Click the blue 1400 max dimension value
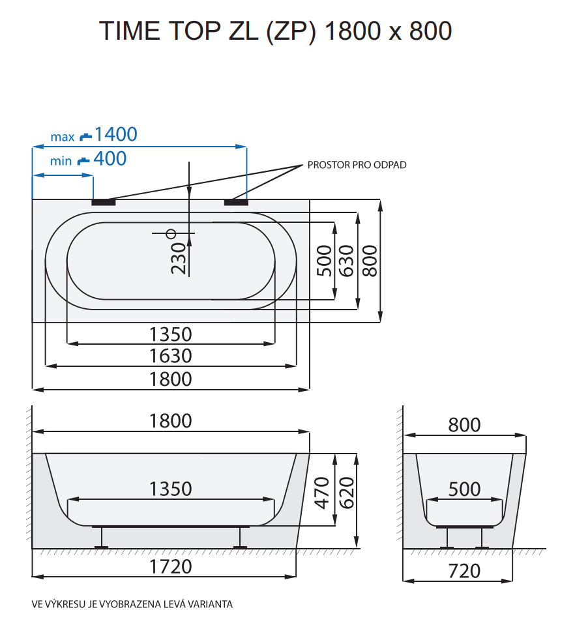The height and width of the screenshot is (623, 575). pyautogui.click(x=115, y=134)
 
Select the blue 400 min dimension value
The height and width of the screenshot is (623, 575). pyautogui.click(x=110, y=158)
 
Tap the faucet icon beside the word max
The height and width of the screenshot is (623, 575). pyautogui.click(x=85, y=137)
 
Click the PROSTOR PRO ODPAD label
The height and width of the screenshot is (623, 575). pyautogui.click(x=357, y=165)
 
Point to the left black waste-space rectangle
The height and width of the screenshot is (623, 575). pyautogui.click(x=103, y=202)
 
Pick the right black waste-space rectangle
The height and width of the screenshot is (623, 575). pyautogui.click(x=236, y=202)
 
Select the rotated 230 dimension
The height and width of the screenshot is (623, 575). pyautogui.click(x=179, y=258)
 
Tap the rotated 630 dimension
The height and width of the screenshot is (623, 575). pyautogui.click(x=346, y=260)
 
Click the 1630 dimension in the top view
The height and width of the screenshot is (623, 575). pyautogui.click(x=171, y=356)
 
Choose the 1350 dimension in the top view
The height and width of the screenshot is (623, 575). pyautogui.click(x=171, y=334)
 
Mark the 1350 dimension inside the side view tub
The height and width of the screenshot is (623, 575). pyautogui.click(x=171, y=489)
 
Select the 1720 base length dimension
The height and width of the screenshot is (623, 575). pyautogui.click(x=171, y=566)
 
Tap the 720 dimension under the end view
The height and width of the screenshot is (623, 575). pyautogui.click(x=464, y=571)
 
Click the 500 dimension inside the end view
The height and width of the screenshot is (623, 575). pyautogui.click(x=464, y=489)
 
